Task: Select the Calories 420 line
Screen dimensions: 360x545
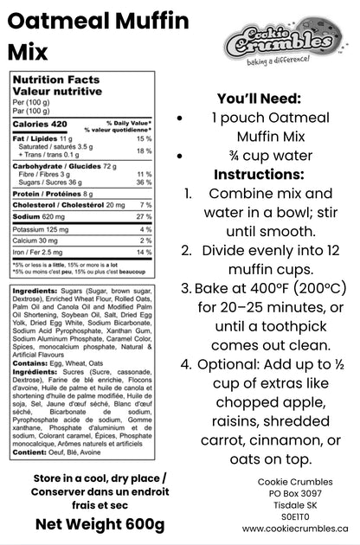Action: tap(40, 125)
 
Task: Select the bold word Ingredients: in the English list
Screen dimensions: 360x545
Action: tap(35, 292)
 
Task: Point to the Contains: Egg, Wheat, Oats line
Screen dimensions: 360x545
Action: tap(59, 363)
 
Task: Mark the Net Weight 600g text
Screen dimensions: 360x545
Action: tap(99, 524)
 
